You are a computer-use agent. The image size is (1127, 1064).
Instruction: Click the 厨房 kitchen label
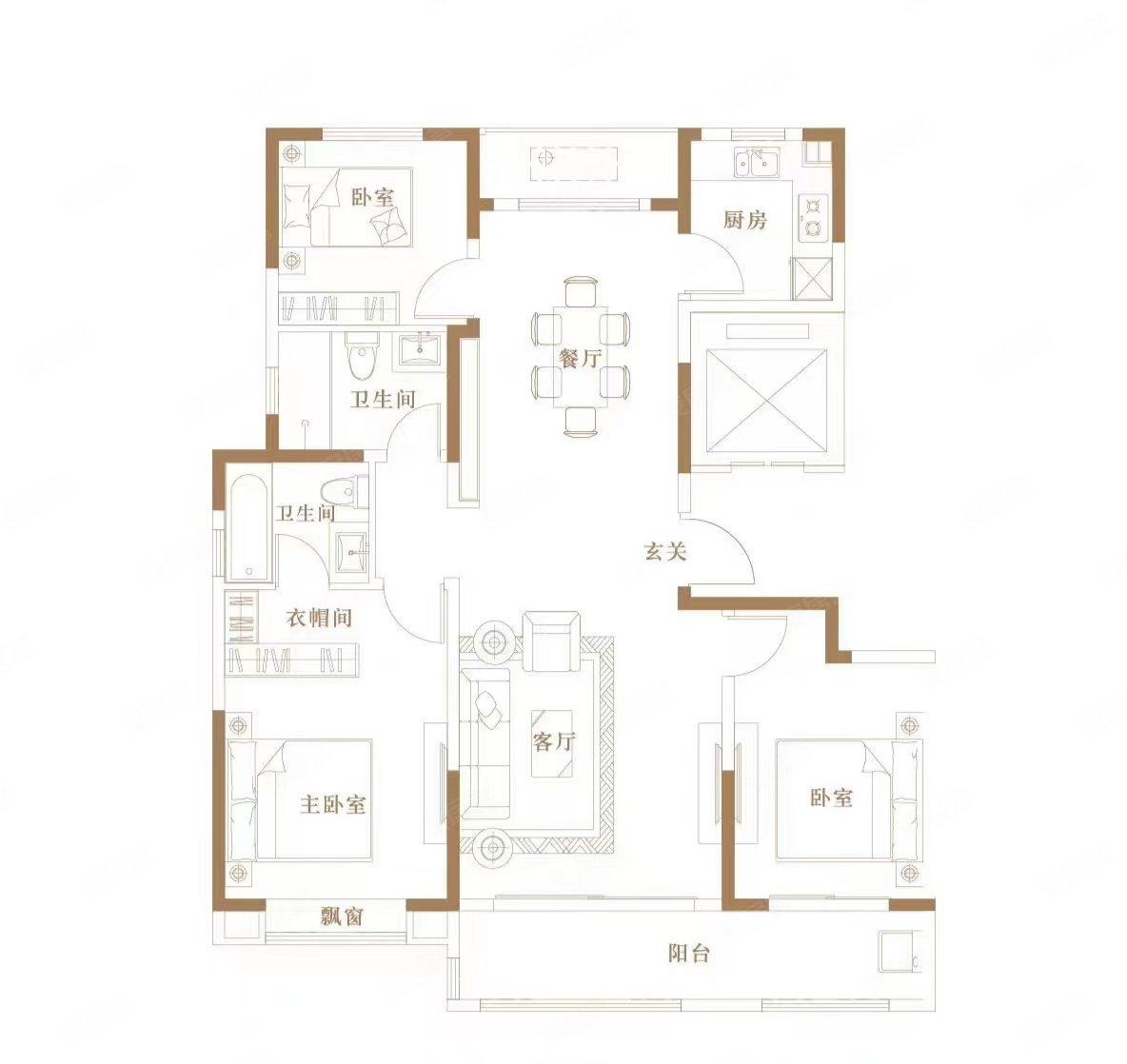coord(744,220)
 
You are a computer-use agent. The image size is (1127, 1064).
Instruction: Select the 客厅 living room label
coord(553,741)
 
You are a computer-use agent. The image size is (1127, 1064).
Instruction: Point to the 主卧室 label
coord(333,804)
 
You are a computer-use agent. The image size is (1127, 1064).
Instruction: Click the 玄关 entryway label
coord(665,551)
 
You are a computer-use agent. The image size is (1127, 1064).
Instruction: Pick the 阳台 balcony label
coord(688,953)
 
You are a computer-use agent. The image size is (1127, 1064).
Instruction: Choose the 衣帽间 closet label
coord(320,618)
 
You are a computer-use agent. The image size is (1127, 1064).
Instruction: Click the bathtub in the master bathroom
coord(251,525)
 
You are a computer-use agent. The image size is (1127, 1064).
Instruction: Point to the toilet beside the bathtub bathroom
coord(339,490)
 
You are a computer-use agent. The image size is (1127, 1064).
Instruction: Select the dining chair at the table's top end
coord(580,290)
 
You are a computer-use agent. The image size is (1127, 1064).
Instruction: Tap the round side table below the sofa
coord(493,845)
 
